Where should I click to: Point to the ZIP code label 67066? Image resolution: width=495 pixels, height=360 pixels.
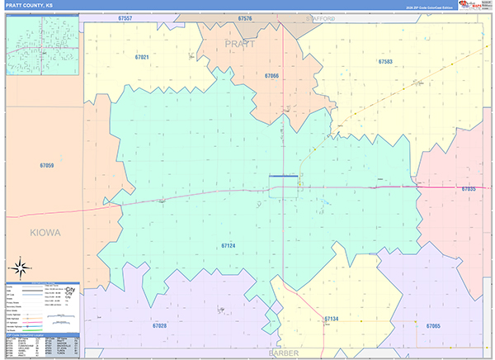pos(271,75)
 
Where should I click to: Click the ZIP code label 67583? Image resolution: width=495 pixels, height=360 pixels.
pos(385,62)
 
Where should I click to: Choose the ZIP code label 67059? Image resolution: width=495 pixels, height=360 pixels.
pos(46,165)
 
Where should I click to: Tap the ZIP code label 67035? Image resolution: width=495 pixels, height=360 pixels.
pos(468,189)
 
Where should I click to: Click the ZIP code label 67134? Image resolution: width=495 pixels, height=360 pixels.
pos(332,318)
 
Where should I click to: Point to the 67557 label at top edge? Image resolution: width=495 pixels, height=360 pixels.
pos(125,17)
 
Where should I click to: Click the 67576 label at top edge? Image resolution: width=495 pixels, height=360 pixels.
pos(244,17)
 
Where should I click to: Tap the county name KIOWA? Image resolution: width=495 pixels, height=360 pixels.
pos(44,233)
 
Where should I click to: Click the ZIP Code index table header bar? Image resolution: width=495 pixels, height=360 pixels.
pos(43,334)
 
